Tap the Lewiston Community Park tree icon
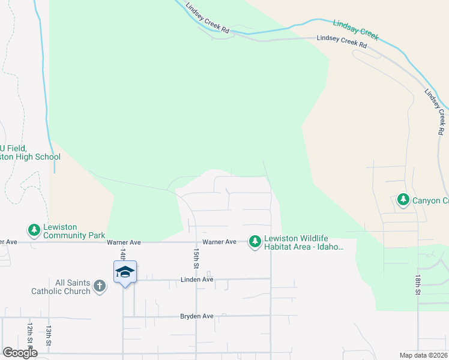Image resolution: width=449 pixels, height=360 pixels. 34,230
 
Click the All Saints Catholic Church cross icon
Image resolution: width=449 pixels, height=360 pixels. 99,286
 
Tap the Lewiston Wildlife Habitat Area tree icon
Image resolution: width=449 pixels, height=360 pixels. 255,241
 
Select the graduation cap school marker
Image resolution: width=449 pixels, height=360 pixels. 125,272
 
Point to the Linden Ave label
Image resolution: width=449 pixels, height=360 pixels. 197,280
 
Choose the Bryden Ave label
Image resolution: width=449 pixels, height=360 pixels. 197,316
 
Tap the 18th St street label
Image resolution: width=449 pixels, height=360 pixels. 418,285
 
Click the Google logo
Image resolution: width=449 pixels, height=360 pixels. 20,353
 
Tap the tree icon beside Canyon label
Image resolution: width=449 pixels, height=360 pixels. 403,200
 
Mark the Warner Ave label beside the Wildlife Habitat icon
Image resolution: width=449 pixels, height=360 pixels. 219,242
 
